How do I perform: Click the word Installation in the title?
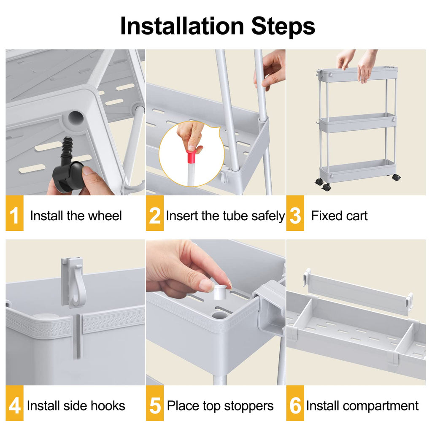182,26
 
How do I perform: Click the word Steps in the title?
283,26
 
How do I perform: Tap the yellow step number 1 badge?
14,216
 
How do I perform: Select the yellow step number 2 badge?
155,216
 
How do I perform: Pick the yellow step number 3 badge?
295,216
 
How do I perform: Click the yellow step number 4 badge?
14,406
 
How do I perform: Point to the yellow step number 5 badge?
155,406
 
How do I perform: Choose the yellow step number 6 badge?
295,406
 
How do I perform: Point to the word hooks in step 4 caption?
109,406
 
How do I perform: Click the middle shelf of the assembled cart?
357,123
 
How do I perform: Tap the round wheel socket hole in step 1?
75,119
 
